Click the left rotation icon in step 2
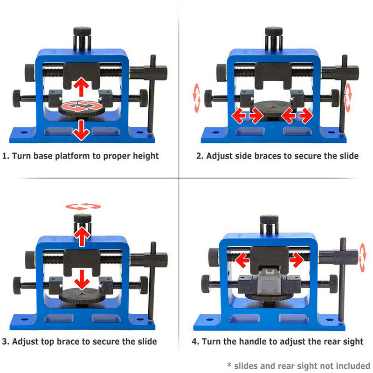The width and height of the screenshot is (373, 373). pos(197,94)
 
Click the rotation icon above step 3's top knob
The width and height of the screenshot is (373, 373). pos(83,206)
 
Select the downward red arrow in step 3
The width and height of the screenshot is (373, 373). pos(83,281)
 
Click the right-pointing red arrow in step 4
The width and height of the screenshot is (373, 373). pos(296,260)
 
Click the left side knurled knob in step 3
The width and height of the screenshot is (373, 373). pos(18,283)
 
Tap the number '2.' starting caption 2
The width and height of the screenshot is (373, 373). pos(200,156)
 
